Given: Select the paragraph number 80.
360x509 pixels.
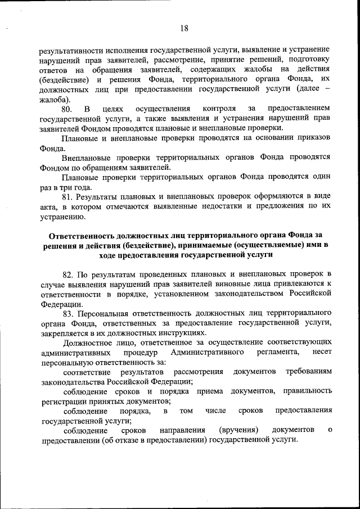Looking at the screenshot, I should [67, 108].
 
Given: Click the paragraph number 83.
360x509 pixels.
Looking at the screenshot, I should [70, 312].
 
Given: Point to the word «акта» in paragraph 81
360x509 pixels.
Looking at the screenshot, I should [49, 206].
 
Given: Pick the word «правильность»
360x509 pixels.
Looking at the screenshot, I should [307, 391].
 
